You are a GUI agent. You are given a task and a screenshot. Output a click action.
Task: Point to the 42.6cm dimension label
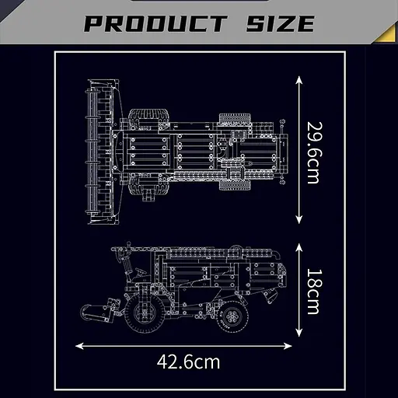[x=188, y=361]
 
